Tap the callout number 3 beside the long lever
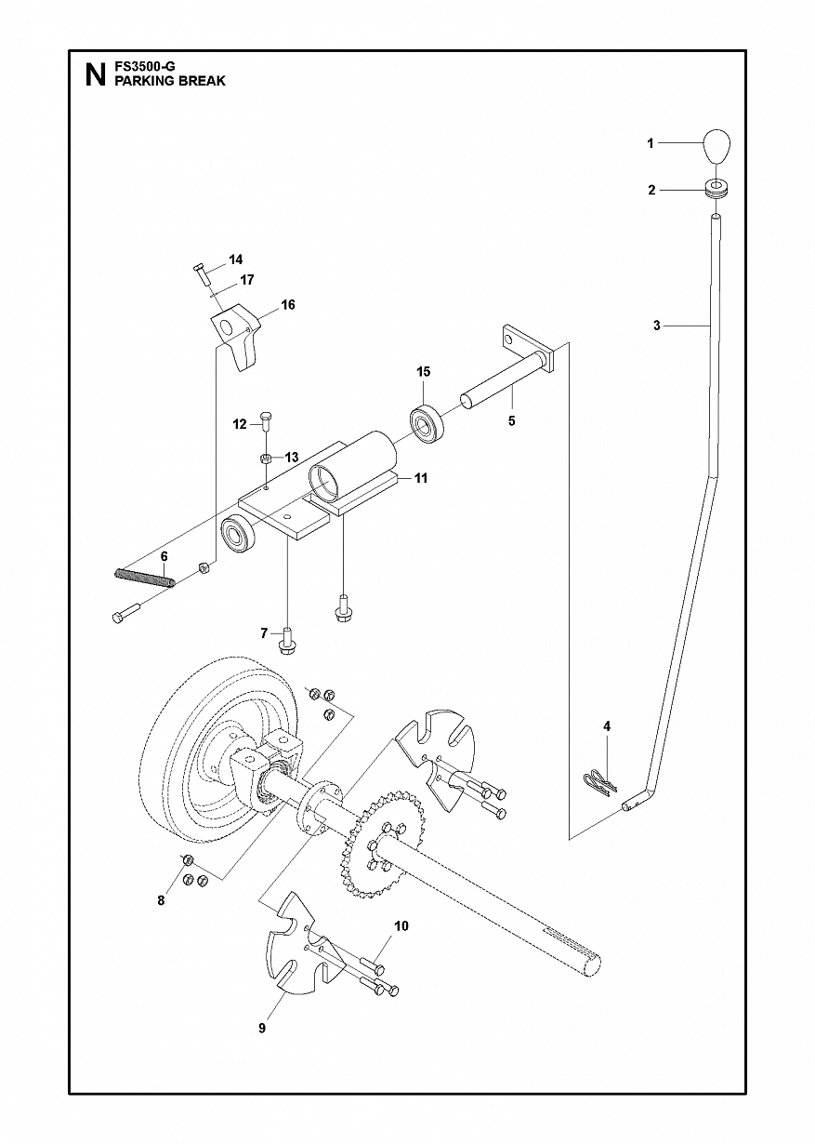[x=657, y=326]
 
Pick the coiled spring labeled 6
[x=144, y=579]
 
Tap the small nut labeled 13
[x=265, y=458]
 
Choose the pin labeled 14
[x=202, y=274]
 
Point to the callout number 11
[x=421, y=479]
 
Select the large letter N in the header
[x=96, y=75]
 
